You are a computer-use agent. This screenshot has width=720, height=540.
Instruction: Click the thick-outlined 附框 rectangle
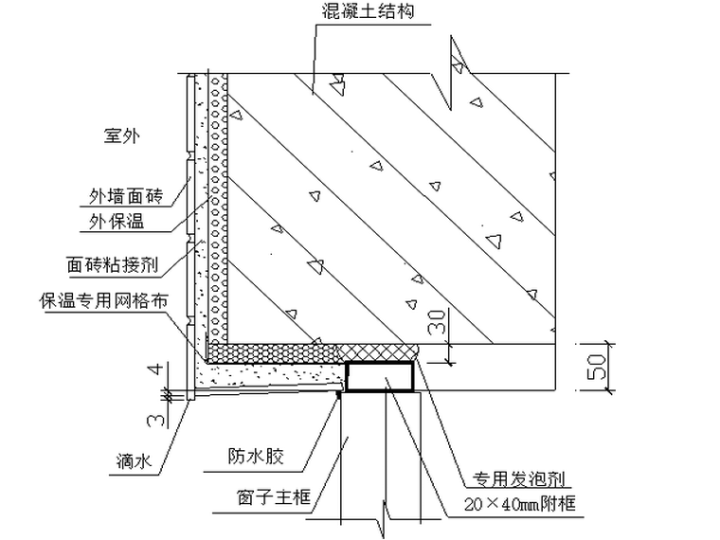379,376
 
